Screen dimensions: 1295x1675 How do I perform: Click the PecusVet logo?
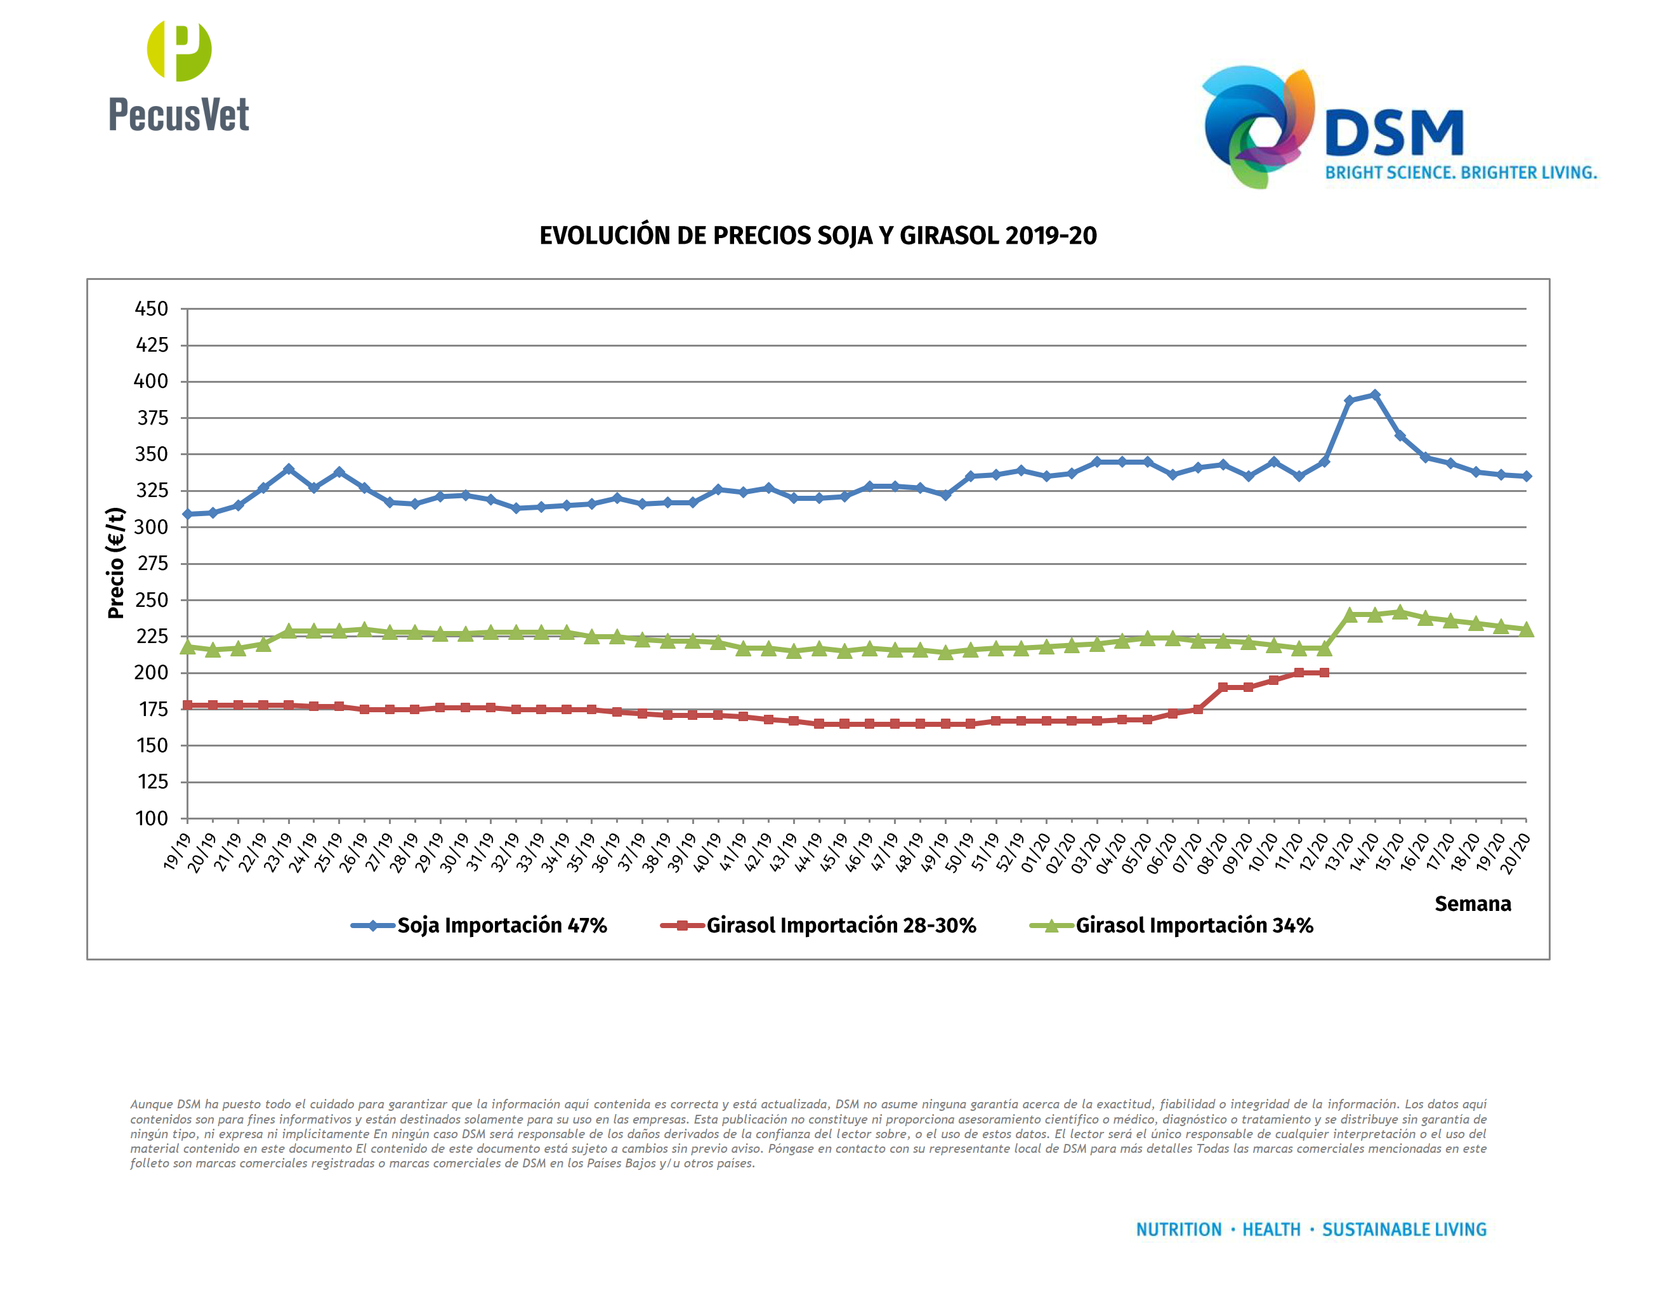[x=179, y=77]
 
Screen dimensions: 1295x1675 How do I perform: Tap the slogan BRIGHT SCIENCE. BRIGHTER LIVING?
[x=1461, y=173]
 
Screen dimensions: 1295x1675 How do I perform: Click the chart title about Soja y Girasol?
[x=818, y=236]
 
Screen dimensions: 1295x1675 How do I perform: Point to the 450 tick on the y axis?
[x=151, y=309]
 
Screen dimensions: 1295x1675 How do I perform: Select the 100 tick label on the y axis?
[x=151, y=819]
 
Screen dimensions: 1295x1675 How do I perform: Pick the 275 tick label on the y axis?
[x=151, y=564]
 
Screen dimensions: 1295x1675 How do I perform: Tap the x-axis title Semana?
[x=1472, y=904]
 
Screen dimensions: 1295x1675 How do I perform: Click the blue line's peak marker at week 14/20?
[x=1374, y=395]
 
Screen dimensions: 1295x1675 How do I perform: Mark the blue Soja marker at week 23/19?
[x=289, y=468]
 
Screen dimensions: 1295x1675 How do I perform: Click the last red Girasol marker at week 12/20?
[x=1324, y=673]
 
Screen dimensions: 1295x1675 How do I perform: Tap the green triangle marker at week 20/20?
[x=1525, y=629]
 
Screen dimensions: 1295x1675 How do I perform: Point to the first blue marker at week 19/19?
[x=188, y=514]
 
